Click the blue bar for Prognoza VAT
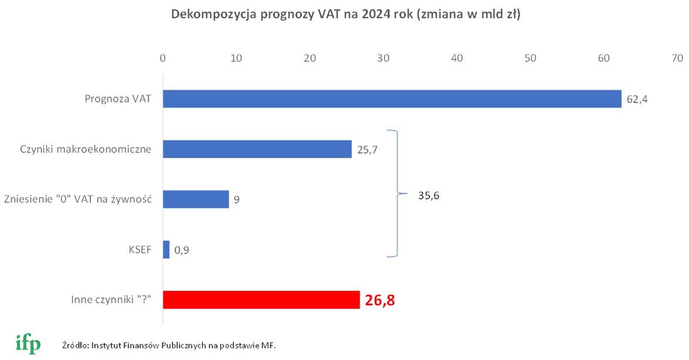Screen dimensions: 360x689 pyautogui.click(x=392, y=99)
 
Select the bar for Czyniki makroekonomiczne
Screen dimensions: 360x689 pyautogui.click(x=257, y=149)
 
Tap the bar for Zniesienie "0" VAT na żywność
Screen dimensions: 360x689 pyautogui.click(x=196, y=199)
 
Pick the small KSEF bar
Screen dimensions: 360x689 pyautogui.click(x=166, y=250)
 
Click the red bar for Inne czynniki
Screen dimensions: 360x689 pyautogui.click(x=261, y=300)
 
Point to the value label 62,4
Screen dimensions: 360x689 pyautogui.click(x=637, y=100)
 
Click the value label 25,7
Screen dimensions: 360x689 pyautogui.click(x=367, y=150)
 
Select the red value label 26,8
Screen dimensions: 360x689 pyautogui.click(x=380, y=301)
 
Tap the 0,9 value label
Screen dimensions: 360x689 pyautogui.click(x=182, y=250)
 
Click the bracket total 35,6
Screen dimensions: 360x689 pyautogui.click(x=429, y=196)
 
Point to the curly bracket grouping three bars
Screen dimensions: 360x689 pyautogui.click(x=395, y=193)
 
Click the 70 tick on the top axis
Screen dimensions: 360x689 pyautogui.click(x=677, y=58)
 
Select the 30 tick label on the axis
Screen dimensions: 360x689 pyautogui.click(x=384, y=58)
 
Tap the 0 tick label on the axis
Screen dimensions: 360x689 pyautogui.click(x=163, y=58)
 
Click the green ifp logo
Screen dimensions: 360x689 pyautogui.click(x=28, y=343)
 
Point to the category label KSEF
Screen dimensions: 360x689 pyautogui.click(x=140, y=250)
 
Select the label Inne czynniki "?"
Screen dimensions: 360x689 pyautogui.click(x=110, y=301)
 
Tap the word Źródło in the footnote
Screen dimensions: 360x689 pyautogui.click(x=74, y=345)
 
